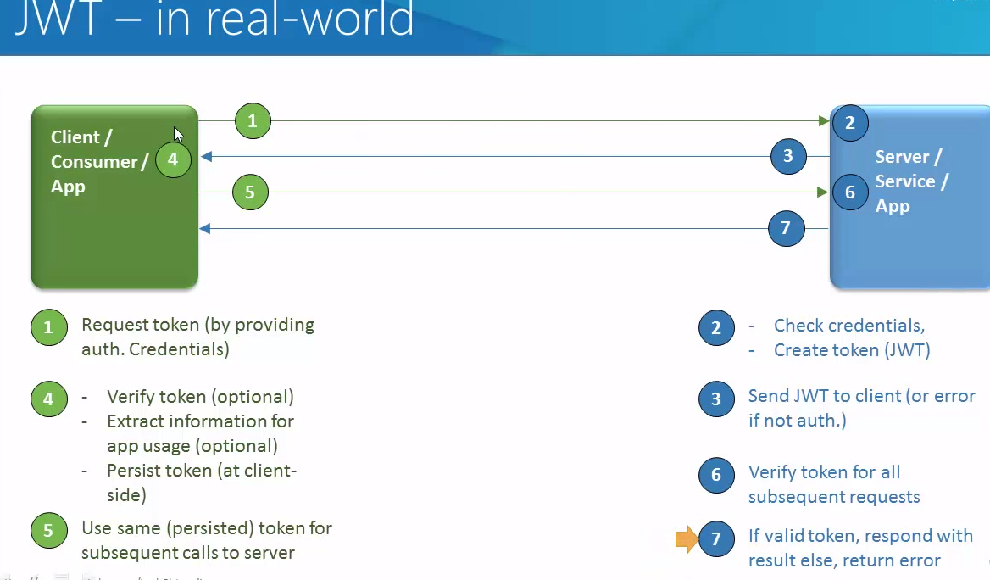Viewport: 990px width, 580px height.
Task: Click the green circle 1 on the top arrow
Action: (253, 121)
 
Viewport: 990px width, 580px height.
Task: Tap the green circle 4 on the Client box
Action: (173, 159)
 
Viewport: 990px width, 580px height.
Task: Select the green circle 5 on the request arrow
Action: (250, 192)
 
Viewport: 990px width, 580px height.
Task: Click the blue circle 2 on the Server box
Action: (850, 123)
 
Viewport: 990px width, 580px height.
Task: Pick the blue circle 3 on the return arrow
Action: (788, 156)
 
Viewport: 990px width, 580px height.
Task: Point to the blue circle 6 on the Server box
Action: (850, 192)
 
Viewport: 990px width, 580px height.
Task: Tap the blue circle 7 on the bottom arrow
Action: (786, 228)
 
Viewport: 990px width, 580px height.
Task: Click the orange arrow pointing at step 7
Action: (686, 538)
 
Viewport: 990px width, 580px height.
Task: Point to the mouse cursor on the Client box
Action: (178, 135)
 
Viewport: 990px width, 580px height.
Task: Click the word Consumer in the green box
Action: (93, 161)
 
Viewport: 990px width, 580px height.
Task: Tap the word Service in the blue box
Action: (905, 181)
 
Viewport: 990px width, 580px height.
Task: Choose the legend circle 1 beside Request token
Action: (48, 327)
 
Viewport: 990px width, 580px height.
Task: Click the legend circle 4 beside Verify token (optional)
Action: (48, 399)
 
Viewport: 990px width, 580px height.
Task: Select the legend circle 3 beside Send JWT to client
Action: (716, 399)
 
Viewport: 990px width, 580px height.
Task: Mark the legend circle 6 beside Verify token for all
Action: (716, 475)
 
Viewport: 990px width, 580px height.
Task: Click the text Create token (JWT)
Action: (852, 350)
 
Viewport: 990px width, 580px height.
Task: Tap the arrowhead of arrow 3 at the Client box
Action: (205, 157)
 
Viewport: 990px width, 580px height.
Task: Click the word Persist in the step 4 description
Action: (133, 470)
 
